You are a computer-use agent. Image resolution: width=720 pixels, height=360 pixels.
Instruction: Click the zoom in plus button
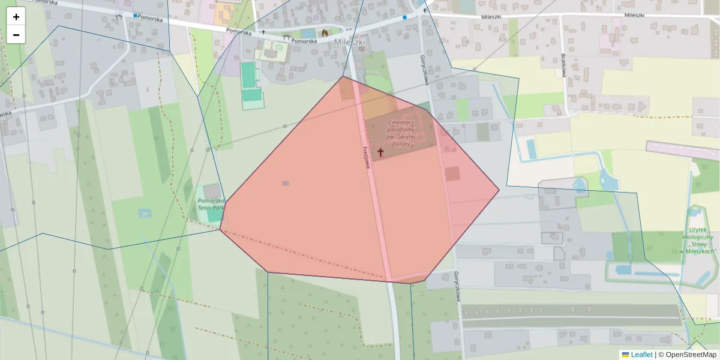tap(16, 17)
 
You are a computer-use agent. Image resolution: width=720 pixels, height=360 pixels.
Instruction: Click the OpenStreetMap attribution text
tap(687, 355)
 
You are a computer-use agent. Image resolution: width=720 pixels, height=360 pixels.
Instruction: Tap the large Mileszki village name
tap(350, 42)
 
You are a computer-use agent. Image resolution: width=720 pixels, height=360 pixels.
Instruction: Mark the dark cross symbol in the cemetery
tap(380, 153)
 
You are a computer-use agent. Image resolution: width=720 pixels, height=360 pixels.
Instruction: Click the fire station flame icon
tap(325, 32)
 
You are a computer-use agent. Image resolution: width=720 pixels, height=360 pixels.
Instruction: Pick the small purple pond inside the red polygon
tap(285, 183)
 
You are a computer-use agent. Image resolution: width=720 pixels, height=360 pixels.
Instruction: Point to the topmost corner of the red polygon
tap(343, 76)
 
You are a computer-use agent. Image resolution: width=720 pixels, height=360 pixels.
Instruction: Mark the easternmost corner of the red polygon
tap(499, 190)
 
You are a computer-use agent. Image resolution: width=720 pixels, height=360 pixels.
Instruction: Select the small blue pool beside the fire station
tap(308, 33)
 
